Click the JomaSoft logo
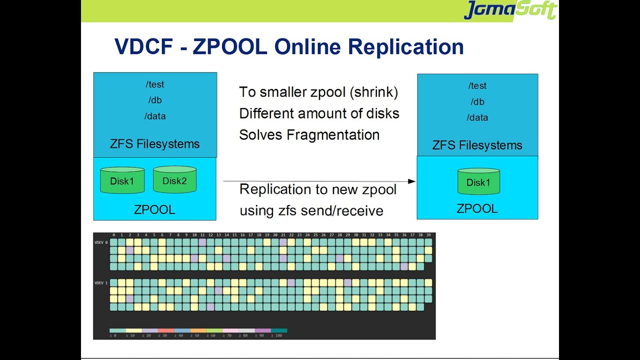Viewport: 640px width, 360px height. point(510,10)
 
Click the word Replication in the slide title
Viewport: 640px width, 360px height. point(406,47)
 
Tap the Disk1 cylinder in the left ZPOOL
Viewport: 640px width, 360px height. point(122,180)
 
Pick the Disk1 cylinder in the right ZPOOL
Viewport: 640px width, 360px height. point(478,182)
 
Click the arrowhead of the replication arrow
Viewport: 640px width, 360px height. point(412,181)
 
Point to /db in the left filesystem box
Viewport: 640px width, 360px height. point(155,100)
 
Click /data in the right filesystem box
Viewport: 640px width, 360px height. point(477,117)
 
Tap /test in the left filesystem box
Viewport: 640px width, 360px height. point(155,84)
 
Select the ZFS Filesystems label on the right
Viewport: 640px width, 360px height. point(477,145)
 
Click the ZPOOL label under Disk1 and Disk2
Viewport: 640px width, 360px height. point(154,209)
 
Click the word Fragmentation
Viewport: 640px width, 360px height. point(333,135)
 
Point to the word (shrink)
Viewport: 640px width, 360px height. point(375,92)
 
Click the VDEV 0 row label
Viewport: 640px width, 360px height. point(100,242)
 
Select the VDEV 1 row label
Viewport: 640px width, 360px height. point(100,283)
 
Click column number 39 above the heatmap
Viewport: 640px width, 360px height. point(428,235)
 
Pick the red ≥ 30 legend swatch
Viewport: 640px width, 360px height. point(165,330)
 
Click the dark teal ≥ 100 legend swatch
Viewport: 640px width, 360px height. point(279,330)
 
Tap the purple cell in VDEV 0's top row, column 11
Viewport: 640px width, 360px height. point(202,242)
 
